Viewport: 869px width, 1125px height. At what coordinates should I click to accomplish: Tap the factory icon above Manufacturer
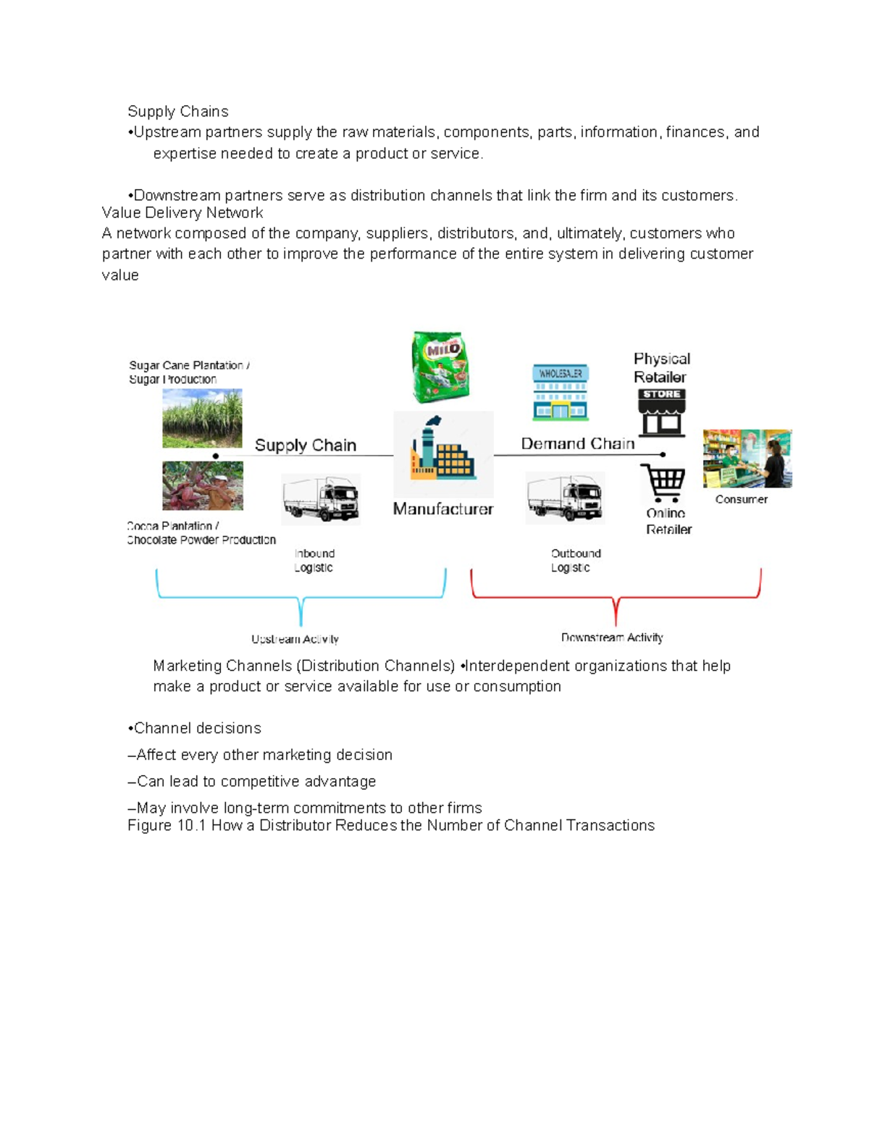coord(442,449)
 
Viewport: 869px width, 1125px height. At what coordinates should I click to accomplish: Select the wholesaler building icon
coord(560,393)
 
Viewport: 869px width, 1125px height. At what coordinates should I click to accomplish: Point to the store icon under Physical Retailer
coord(661,413)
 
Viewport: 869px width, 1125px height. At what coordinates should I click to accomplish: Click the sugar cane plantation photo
coord(202,418)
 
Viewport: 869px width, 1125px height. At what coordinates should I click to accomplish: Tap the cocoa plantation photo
coord(202,486)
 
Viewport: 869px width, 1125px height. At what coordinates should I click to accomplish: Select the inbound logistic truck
coord(320,498)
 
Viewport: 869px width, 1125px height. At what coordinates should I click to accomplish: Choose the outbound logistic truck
coord(565,497)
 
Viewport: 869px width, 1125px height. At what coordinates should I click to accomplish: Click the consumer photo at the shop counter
coord(747,459)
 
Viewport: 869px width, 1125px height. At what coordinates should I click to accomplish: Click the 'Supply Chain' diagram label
coord(305,446)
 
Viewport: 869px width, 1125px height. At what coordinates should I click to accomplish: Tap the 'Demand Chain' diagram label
coord(577,443)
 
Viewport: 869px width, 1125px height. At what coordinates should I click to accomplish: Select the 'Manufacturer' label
coord(442,509)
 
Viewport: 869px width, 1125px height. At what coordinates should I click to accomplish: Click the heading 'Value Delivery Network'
coord(182,213)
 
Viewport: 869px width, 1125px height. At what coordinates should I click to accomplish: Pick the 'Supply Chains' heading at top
coord(177,112)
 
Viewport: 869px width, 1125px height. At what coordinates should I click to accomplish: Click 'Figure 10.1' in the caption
coord(167,826)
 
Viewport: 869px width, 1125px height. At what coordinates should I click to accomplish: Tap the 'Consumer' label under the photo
coord(741,499)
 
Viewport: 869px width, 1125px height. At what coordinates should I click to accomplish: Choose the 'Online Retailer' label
coord(668,522)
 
